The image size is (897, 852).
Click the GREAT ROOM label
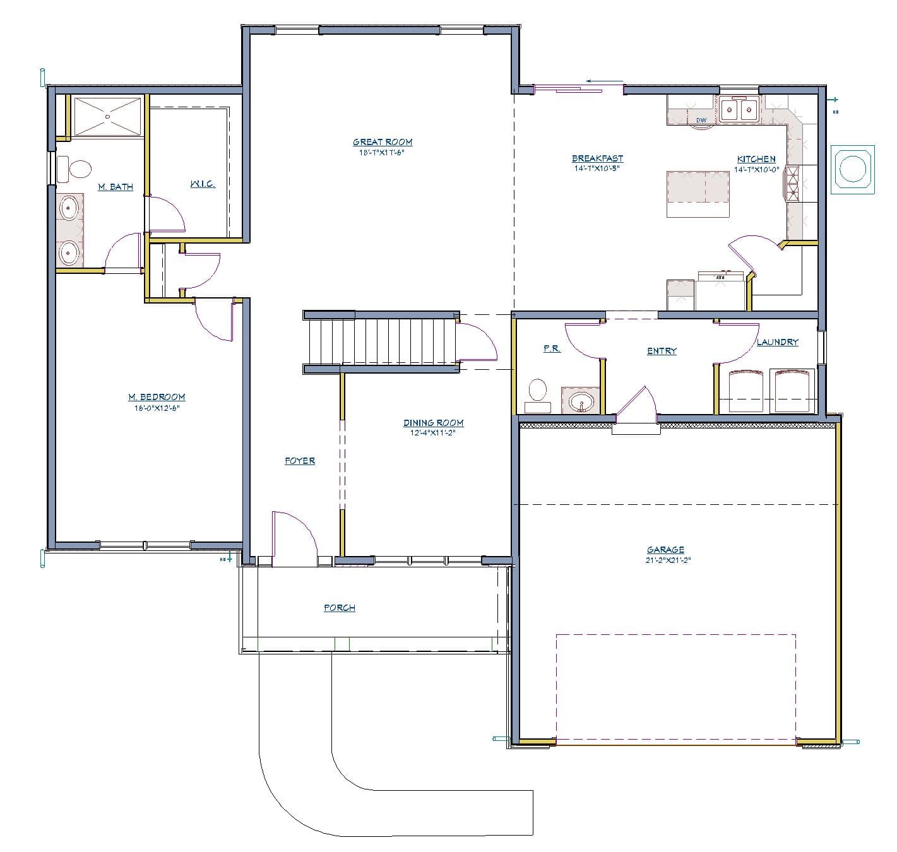383,143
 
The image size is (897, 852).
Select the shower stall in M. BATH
107,115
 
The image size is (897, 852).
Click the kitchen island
698,194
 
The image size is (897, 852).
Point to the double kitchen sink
739,111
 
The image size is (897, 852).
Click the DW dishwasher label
701,120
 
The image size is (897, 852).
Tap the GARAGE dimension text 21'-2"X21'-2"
668,560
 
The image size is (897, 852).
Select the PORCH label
340,608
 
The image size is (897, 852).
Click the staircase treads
381,341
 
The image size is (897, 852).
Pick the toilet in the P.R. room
537,391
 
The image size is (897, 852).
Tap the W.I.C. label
203,184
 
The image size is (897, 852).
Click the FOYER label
299,461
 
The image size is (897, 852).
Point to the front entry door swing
292,536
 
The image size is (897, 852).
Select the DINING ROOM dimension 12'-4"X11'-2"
432,434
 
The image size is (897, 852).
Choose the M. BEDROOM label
157,397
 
